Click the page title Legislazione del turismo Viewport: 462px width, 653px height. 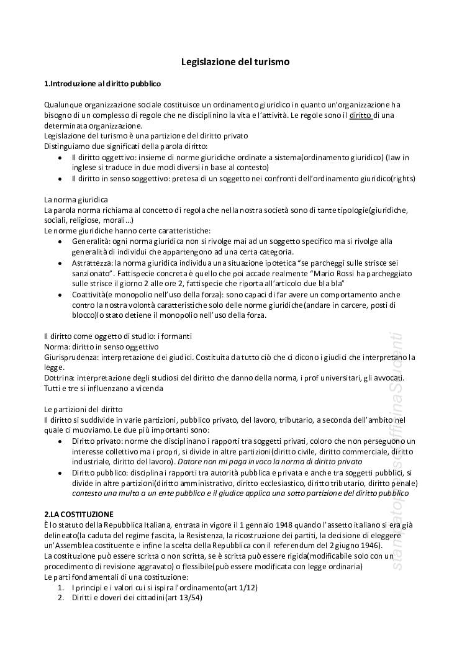tap(235, 62)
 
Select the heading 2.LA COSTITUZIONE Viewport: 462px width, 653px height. tap(78, 514)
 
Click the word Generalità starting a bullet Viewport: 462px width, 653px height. tap(91, 241)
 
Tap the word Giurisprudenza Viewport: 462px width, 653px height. tap(71, 358)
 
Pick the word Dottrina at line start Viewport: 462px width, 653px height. tap(60, 378)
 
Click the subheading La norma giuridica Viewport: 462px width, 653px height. tap(76, 199)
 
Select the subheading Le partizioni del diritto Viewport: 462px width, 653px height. tap(83, 410)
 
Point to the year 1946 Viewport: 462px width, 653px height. tap(368, 546)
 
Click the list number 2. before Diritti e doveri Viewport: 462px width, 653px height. tap(61, 598)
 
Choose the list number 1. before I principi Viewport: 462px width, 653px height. tap(61, 587)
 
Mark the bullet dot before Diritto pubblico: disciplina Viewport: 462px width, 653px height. tap(59, 473)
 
